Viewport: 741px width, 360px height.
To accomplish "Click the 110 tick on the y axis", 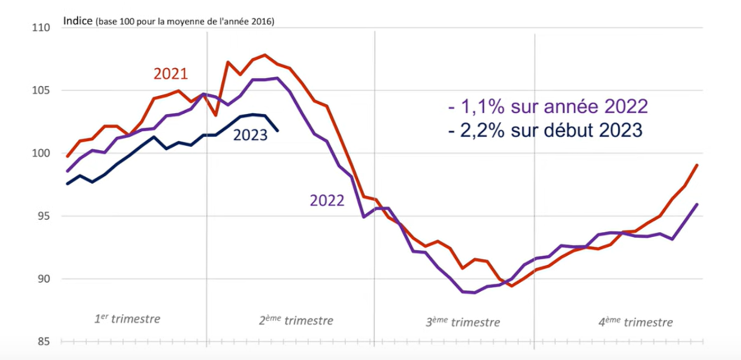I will (42, 28).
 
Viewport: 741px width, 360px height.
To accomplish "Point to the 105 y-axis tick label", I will (42, 91).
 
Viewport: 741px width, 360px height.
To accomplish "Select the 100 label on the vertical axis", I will (42, 154).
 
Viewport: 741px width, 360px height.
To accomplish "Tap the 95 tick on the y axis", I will (45, 216).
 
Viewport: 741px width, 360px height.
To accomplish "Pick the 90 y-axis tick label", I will (45, 279).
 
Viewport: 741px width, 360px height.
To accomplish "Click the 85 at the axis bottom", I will (45, 341).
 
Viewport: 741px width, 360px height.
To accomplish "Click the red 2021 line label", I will (170, 74).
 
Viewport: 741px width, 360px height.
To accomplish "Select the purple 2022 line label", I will (327, 201).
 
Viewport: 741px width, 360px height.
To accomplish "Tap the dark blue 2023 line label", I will (250, 136).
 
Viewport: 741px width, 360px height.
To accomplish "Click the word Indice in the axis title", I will (78, 21).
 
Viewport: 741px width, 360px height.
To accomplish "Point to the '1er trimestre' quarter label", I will (127, 319).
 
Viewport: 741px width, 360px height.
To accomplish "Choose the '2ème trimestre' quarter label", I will (296, 320).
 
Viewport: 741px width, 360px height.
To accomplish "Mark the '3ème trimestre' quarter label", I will (463, 322).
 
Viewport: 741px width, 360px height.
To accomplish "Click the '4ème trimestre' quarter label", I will (635, 322).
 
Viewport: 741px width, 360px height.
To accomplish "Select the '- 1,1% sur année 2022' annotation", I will (548, 106).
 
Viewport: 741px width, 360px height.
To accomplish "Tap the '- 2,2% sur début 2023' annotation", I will (545, 130).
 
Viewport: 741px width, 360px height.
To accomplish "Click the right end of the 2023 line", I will (278, 130).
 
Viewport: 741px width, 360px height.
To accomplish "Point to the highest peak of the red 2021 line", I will (265, 55).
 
